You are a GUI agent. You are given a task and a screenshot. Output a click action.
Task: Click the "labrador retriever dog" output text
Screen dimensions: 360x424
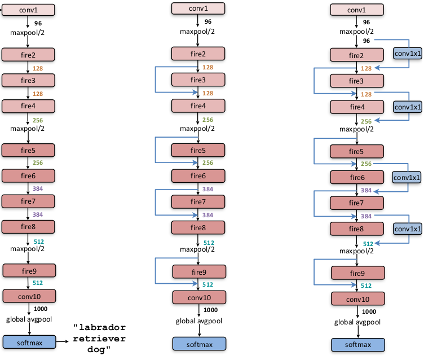coord(100,339)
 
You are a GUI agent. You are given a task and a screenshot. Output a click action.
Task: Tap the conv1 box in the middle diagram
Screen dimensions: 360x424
coord(197,8)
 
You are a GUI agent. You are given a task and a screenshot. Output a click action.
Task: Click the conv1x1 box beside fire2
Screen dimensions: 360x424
coord(407,54)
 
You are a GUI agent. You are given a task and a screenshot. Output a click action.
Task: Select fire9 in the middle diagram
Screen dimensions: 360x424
coord(198,272)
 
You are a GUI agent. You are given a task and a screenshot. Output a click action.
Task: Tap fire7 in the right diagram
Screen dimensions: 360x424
coord(356,203)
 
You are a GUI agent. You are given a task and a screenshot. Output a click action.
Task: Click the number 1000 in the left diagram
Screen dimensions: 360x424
coord(41,309)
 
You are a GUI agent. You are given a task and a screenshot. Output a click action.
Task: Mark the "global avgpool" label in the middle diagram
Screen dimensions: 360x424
coord(198,322)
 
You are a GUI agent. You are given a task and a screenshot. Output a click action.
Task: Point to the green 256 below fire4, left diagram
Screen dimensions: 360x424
coord(38,120)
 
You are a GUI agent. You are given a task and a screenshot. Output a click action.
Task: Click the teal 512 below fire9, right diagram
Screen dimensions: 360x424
coord(366,286)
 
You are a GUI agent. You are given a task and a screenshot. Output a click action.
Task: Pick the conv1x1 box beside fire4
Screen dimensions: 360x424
coord(407,107)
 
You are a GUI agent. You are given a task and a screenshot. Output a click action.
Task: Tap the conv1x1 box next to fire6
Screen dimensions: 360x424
coord(407,177)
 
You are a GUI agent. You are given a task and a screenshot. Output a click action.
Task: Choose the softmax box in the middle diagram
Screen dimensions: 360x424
coord(198,344)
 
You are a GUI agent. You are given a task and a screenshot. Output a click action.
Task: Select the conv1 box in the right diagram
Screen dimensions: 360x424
coord(356,10)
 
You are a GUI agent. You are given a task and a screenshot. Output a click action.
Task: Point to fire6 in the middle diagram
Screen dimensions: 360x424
coord(198,176)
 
